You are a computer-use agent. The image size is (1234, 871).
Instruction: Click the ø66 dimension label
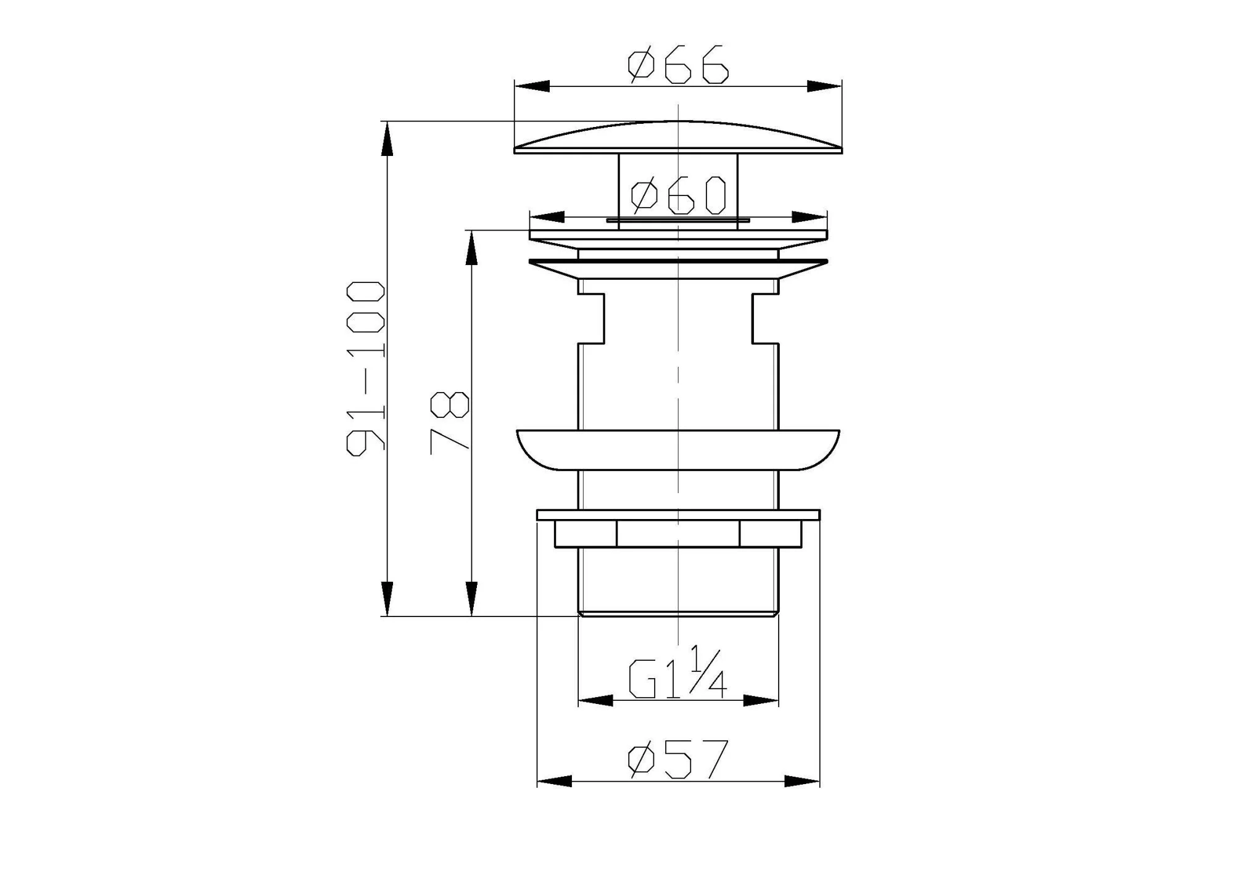(678, 65)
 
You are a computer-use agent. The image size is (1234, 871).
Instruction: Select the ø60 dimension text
(678, 195)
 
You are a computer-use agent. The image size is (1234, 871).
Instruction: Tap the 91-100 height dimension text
(365, 369)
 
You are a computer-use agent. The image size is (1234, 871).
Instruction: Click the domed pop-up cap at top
(678, 137)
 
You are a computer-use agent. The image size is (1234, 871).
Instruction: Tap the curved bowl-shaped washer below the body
(678, 449)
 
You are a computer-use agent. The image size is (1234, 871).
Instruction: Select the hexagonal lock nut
(678, 534)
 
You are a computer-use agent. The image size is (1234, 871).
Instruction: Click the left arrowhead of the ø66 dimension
(531, 86)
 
